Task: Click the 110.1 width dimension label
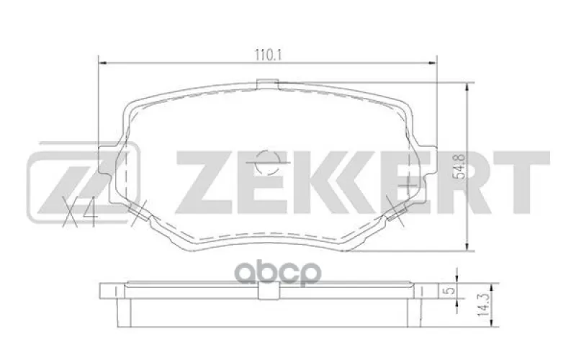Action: click(268, 55)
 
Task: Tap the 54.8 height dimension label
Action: click(460, 167)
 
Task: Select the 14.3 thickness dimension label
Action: click(484, 305)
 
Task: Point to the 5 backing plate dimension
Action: click(451, 291)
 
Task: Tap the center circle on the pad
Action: click(267, 162)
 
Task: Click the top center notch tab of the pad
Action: click(267, 84)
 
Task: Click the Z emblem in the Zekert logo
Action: click(84, 182)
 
